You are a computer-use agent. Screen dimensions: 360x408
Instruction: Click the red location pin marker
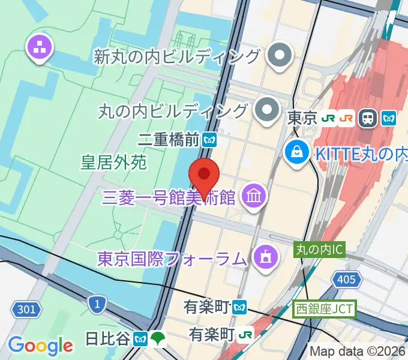(x=204, y=175)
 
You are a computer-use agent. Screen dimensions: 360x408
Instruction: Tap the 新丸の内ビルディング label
(x=177, y=57)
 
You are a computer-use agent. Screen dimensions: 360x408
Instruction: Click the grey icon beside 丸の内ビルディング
(x=264, y=110)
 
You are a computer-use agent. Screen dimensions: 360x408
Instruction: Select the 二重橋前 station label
(x=168, y=140)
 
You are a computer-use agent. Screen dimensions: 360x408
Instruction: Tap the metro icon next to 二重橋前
(x=209, y=140)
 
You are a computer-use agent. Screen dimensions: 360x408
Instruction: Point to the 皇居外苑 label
(x=113, y=161)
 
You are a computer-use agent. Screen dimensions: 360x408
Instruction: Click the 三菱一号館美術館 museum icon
(x=254, y=195)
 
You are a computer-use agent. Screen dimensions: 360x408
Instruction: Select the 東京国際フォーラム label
(x=173, y=259)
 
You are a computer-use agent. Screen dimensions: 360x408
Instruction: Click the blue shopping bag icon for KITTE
(x=297, y=152)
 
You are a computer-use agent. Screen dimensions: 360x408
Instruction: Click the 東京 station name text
(x=302, y=118)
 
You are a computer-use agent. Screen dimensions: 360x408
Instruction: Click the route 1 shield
(x=95, y=304)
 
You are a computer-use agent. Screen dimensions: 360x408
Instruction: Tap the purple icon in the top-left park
(x=40, y=49)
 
